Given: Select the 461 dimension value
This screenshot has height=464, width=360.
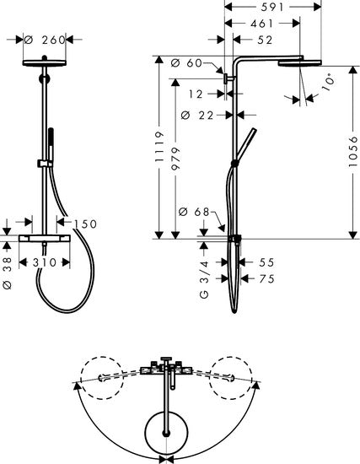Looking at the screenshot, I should coord(262,24).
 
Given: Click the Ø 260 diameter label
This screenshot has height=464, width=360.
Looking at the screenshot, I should coord(42,39).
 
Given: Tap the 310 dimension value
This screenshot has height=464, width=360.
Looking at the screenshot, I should coord(43,262).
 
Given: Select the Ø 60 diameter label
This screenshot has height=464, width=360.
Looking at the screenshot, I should coord(193,64).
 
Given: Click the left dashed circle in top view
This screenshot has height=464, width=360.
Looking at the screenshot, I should coord(102,375).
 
